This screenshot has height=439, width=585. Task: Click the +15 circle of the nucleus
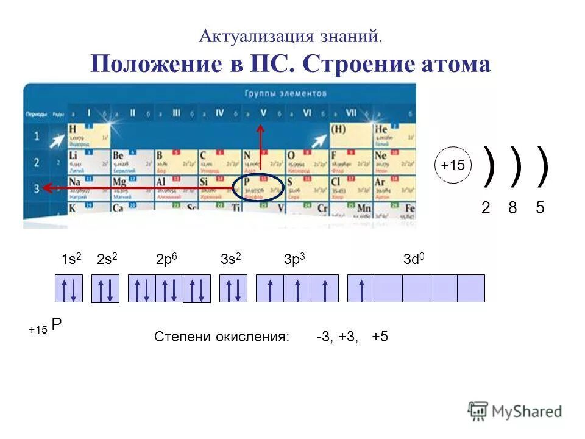coord(453,165)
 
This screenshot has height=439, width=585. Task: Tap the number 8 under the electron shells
coord(512,208)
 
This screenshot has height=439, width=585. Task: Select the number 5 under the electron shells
coord(540,208)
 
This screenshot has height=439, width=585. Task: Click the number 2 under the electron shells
coord(486,208)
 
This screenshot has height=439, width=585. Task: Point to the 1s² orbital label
coord(71,259)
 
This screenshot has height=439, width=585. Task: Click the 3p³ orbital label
coord(294,259)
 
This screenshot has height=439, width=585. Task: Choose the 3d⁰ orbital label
coord(414,259)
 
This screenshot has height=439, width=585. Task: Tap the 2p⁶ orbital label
coord(167,259)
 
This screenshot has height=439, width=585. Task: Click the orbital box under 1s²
coord(69,288)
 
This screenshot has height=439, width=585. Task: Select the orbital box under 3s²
coord(233,288)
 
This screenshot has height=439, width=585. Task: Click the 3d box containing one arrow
coord(361,288)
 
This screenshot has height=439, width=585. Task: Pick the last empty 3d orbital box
coord(471,288)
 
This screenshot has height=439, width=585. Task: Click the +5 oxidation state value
coord(380,337)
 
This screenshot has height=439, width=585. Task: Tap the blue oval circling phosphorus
coord(258,187)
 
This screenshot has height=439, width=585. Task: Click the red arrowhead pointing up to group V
coord(260,130)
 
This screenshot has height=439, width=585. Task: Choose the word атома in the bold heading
coord(453,64)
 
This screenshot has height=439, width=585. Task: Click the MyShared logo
coord(516,411)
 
